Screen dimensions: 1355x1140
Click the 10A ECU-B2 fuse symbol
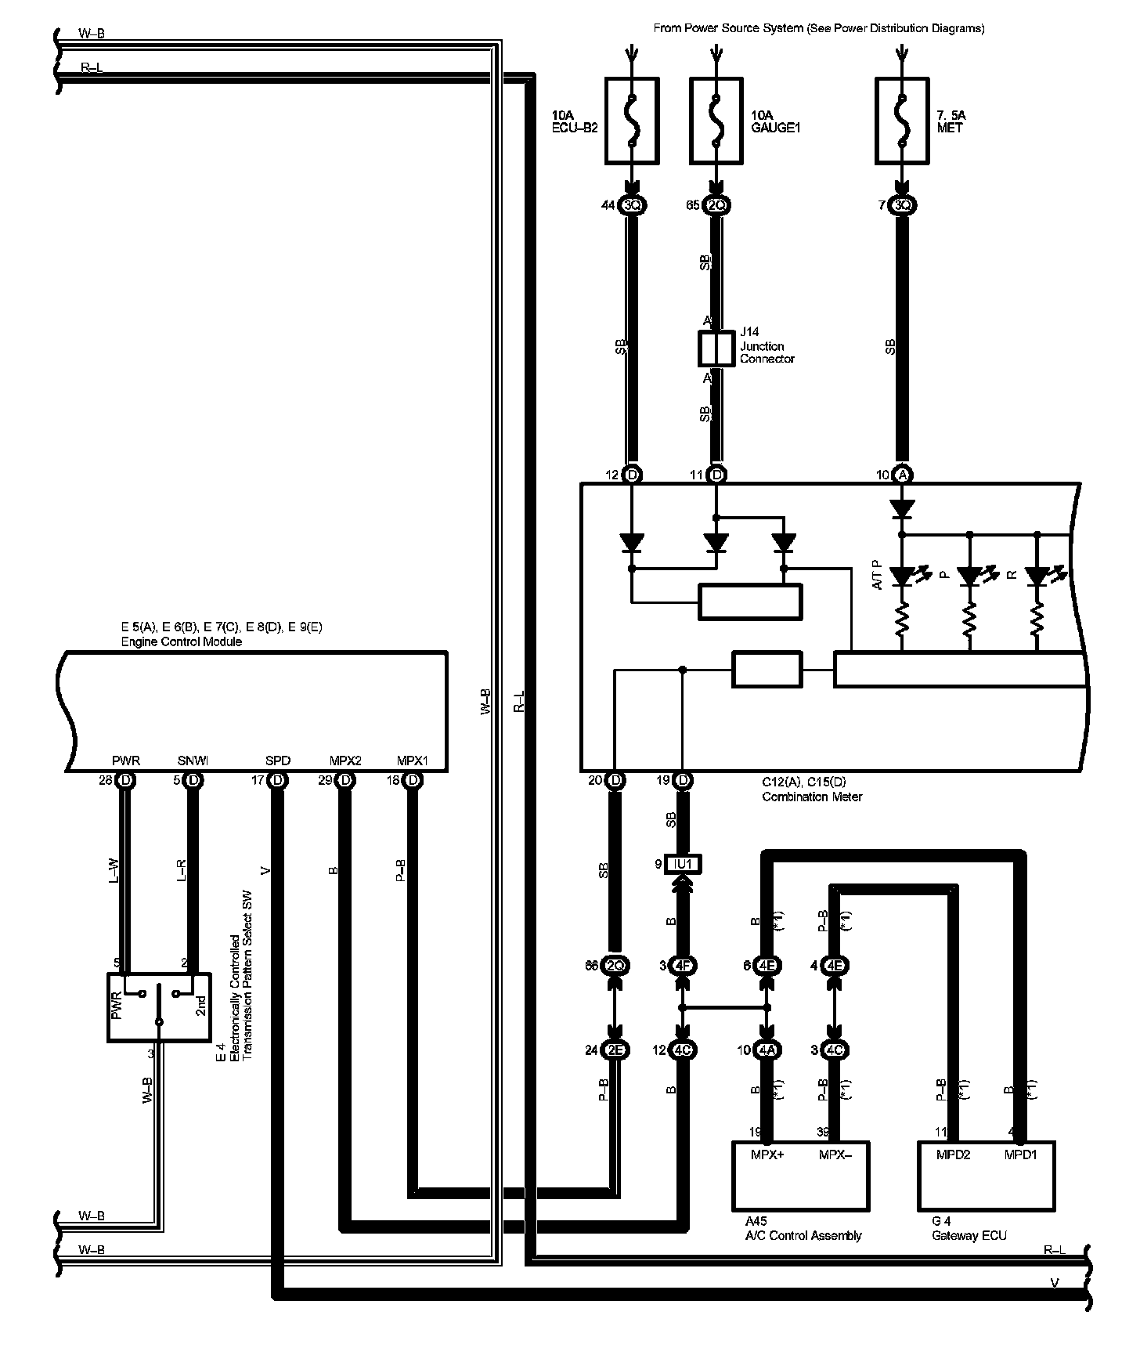coord(631,121)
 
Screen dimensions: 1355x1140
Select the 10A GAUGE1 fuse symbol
coord(716,121)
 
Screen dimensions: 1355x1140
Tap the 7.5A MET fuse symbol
coord(902,121)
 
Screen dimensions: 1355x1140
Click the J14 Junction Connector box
coord(715,349)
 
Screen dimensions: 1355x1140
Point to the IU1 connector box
coord(683,864)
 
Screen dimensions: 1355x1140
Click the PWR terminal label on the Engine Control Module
coord(126,761)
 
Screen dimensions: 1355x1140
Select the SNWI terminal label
coord(193,761)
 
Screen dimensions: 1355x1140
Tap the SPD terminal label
coord(277,761)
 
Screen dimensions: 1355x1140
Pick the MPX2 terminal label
coord(345,761)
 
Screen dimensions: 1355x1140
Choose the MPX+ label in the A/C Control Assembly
coord(767,1155)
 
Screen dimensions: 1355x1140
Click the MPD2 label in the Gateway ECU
coord(953,1155)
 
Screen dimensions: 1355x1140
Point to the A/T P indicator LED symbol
coord(903,577)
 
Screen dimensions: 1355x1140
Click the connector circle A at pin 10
coord(902,475)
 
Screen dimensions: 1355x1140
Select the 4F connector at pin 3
coord(683,966)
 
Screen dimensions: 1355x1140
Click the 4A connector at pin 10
coord(767,1050)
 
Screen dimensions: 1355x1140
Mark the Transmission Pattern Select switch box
coord(159,1007)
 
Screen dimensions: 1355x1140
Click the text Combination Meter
coord(812,797)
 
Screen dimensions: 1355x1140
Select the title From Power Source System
coord(818,28)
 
